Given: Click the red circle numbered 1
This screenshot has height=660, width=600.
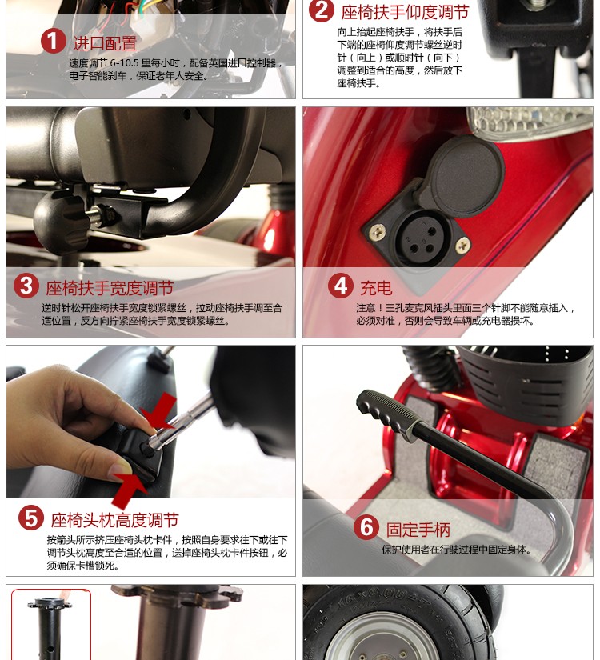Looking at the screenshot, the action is pyautogui.click(x=53, y=42).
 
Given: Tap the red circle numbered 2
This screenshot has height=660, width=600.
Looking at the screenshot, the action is pyautogui.click(x=321, y=10).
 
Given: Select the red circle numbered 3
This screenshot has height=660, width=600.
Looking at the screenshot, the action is pyautogui.click(x=26, y=286).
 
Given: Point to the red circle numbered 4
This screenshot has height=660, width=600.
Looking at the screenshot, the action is pyautogui.click(x=340, y=286).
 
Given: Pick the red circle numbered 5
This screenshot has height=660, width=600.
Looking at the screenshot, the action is pyautogui.click(x=31, y=518).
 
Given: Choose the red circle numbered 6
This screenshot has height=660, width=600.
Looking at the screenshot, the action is pyautogui.click(x=366, y=527).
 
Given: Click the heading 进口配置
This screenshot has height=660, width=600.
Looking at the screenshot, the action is pyautogui.click(x=106, y=43).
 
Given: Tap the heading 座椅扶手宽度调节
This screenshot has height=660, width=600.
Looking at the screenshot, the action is pyautogui.click(x=110, y=288).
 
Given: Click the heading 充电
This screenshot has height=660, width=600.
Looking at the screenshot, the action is pyautogui.click(x=376, y=288).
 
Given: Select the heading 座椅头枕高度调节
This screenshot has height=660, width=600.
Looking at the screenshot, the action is pyautogui.click(x=115, y=520).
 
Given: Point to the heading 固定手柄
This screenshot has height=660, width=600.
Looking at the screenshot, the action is pyautogui.click(x=418, y=530).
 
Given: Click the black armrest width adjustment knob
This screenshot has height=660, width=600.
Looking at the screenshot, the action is pyautogui.click(x=60, y=219).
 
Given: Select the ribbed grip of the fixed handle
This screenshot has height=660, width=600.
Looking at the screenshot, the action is pyautogui.click(x=387, y=415).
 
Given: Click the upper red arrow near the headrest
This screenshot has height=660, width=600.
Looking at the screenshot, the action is pyautogui.click(x=159, y=412).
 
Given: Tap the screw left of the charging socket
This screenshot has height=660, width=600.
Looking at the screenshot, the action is pyautogui.click(x=378, y=231).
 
